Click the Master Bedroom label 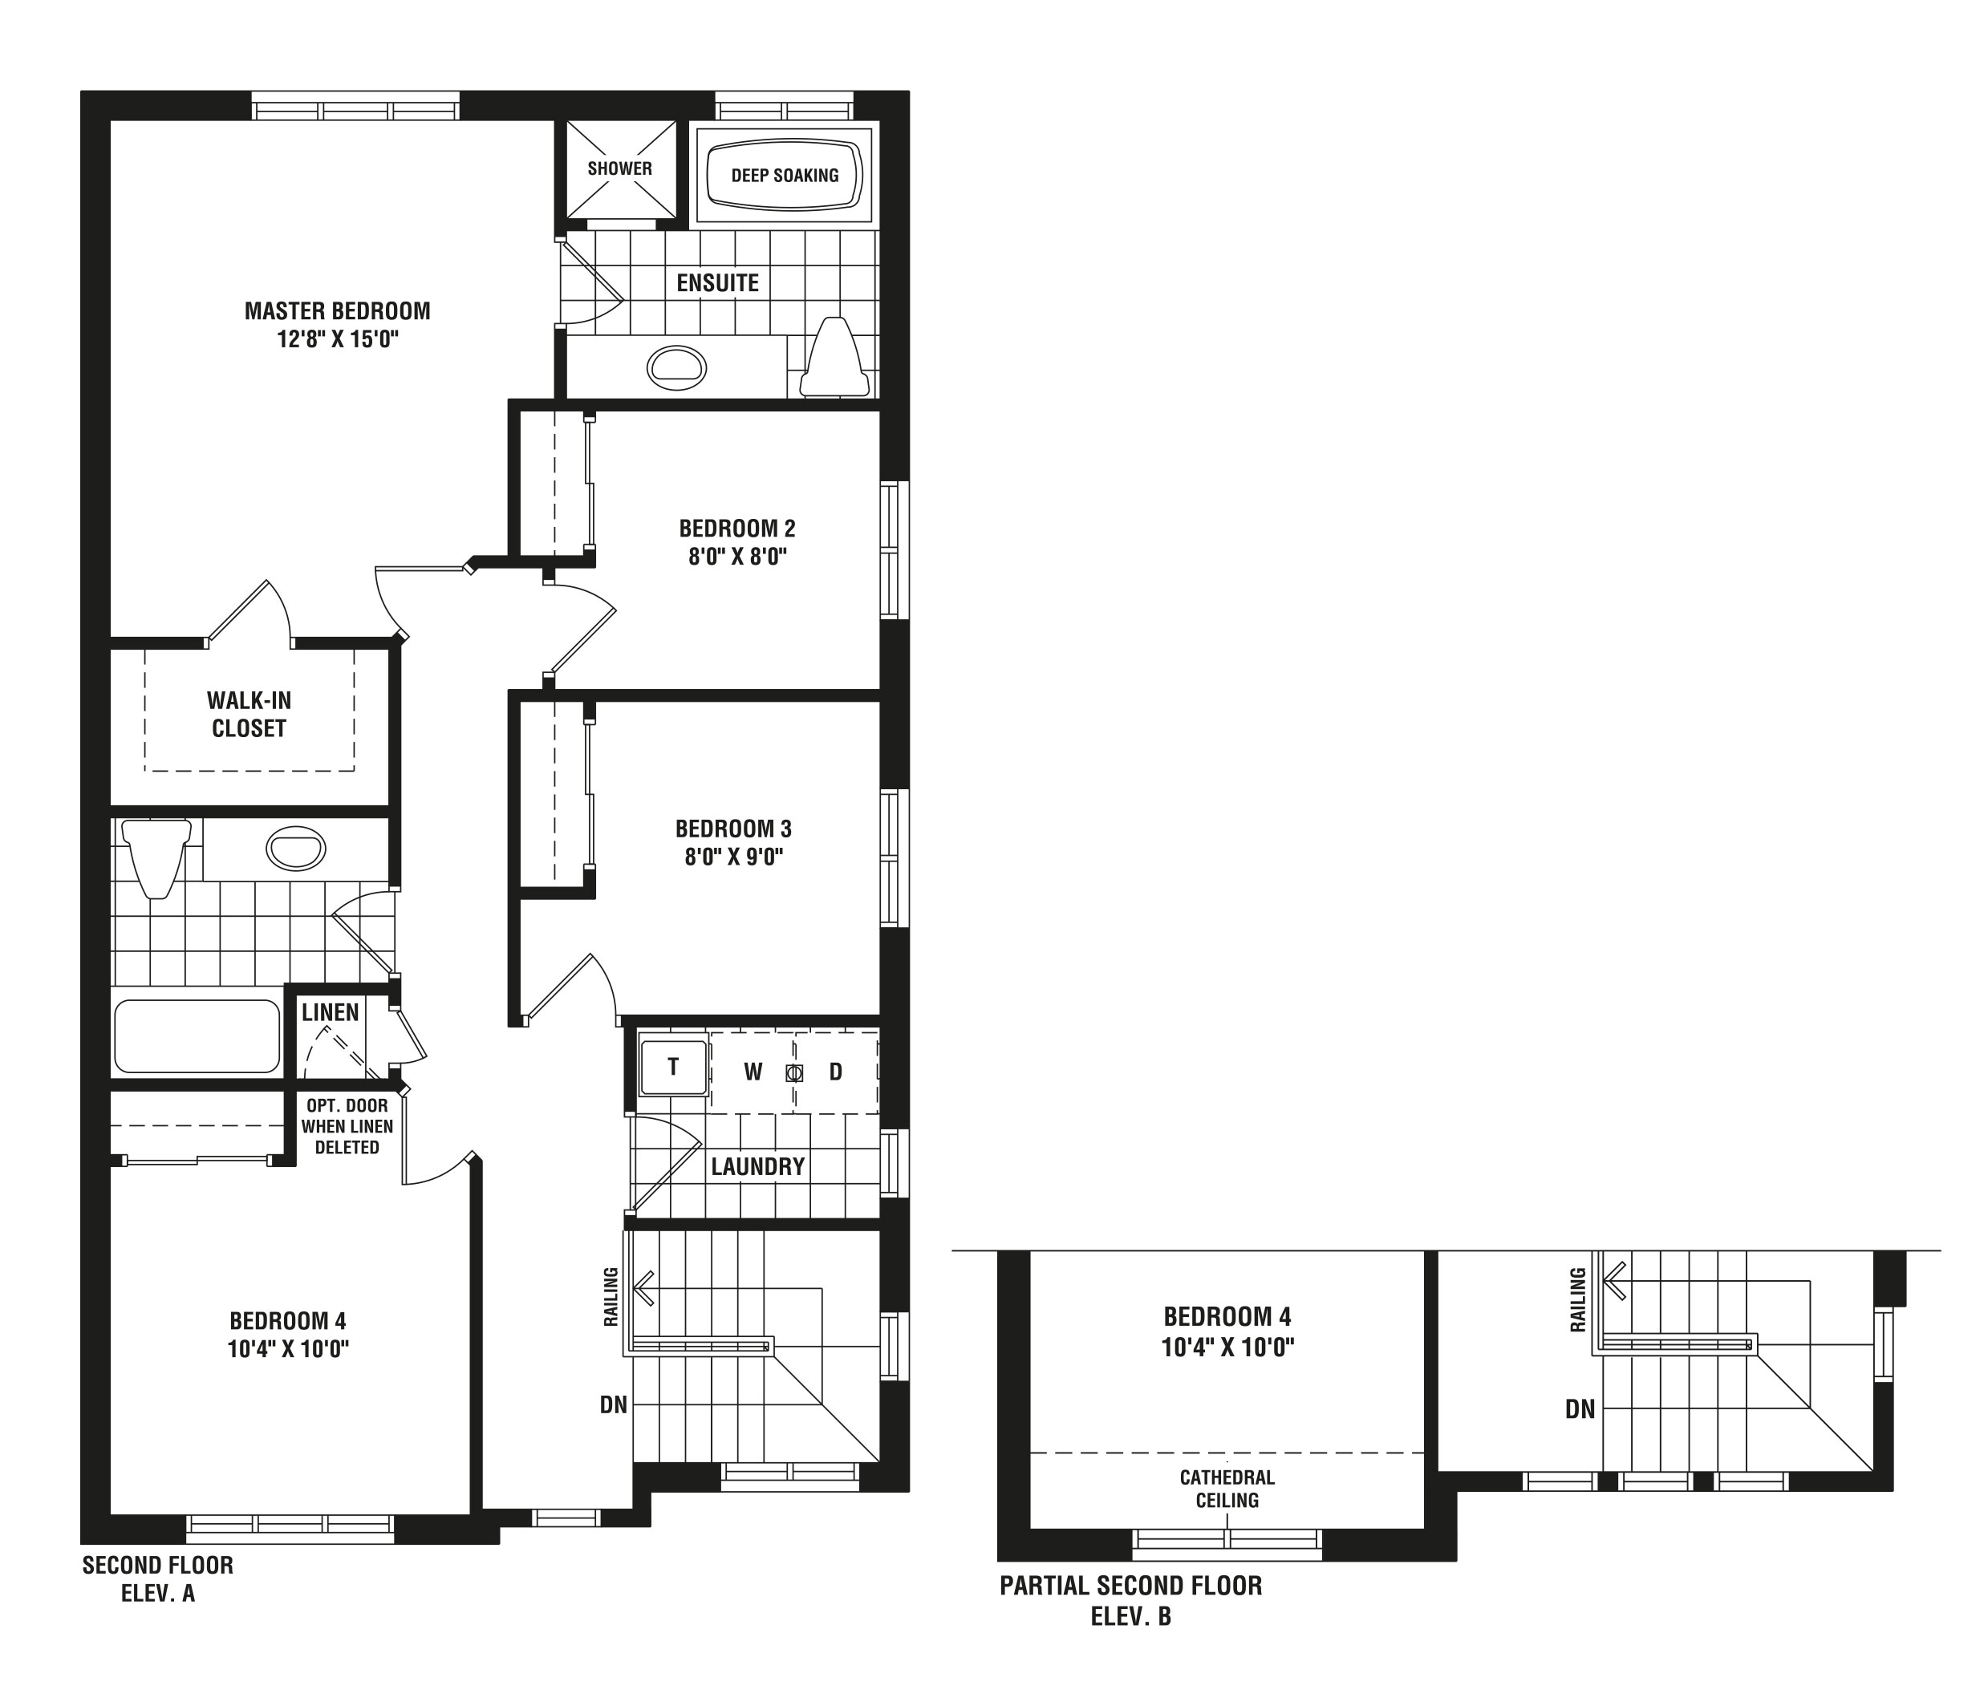(x=337, y=311)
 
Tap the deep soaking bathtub (x=784, y=176)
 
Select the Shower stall (x=620, y=169)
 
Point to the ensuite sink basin (x=677, y=367)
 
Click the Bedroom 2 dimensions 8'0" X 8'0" (x=736, y=557)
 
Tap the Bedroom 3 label (x=733, y=828)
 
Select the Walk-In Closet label (x=250, y=714)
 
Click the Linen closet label (x=330, y=1012)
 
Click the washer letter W (x=753, y=1072)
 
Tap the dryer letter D (x=836, y=1072)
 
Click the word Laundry (x=758, y=1167)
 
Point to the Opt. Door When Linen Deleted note (x=347, y=1126)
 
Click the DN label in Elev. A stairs (x=613, y=1404)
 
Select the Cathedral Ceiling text (x=1227, y=1489)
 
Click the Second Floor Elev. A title (x=157, y=1580)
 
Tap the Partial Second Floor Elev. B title (x=1131, y=1601)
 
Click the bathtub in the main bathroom (x=197, y=1036)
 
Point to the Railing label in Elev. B (x=1577, y=1300)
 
